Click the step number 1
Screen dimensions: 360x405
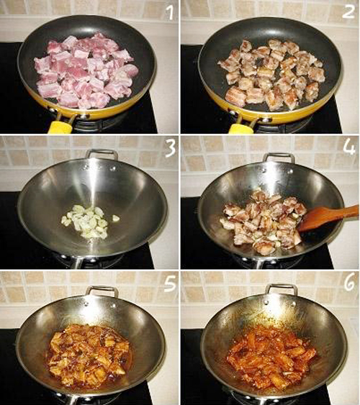pos(169,12)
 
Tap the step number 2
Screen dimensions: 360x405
pos(348,12)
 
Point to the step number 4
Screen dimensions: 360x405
pos(349,147)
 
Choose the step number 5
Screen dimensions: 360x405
pos(170,283)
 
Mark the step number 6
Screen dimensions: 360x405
pos(349,283)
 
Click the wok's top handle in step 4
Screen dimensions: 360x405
pos(279,158)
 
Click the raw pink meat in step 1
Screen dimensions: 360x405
pos(86,70)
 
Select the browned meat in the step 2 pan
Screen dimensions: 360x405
pos(271,74)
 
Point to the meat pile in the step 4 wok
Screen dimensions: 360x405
pos(263,220)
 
